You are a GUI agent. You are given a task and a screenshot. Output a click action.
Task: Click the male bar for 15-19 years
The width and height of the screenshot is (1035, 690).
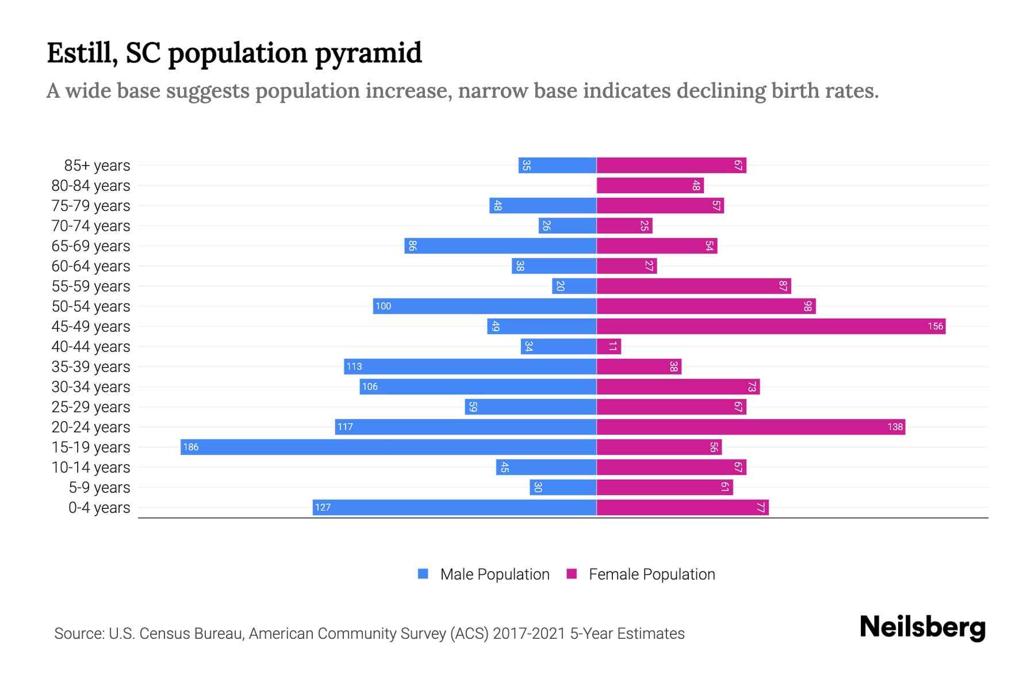(x=388, y=447)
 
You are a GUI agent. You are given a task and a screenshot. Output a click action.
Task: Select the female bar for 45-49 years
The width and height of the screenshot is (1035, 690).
(x=770, y=326)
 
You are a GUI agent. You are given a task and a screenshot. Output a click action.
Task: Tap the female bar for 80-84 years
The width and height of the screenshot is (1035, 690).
(x=650, y=185)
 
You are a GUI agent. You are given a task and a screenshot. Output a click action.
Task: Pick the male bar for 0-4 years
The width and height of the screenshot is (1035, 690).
(x=454, y=507)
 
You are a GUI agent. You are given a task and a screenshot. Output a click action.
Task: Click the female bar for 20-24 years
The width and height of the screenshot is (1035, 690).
(x=750, y=427)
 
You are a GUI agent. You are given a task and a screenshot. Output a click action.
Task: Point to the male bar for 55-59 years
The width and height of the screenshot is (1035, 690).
(x=574, y=286)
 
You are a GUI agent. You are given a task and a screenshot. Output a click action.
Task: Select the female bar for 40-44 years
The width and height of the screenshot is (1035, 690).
(x=608, y=346)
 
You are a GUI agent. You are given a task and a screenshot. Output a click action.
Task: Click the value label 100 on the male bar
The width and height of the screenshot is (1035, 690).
(x=383, y=306)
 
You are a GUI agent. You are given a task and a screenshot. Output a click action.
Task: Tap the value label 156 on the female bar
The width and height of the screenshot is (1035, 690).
(x=935, y=326)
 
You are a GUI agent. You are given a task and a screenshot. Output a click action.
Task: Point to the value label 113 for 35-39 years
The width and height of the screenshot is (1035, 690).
(x=354, y=366)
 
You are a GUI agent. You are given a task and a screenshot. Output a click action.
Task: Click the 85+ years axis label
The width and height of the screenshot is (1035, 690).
(x=97, y=166)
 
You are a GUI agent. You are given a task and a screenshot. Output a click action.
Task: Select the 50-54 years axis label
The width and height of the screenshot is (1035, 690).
(x=91, y=306)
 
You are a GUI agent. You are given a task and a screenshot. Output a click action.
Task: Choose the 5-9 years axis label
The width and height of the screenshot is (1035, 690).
(x=99, y=488)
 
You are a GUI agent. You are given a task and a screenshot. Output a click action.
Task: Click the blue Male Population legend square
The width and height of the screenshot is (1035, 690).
(x=423, y=574)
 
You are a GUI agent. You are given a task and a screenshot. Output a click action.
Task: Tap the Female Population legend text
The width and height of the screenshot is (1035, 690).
(x=651, y=574)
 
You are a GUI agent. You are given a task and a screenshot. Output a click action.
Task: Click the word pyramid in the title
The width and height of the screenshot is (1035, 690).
(x=368, y=53)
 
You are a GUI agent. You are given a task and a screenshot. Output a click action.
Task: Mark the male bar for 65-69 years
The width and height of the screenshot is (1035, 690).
(x=500, y=246)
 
